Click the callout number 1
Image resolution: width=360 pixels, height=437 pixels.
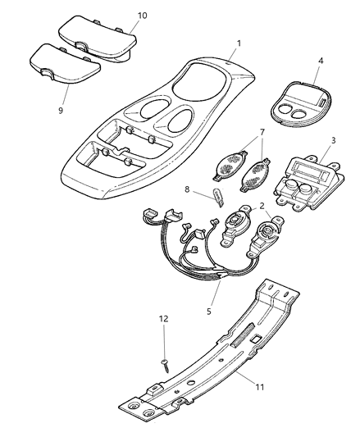(239, 43)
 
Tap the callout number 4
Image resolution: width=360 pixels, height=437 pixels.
(321, 61)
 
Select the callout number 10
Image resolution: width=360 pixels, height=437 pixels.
(142, 16)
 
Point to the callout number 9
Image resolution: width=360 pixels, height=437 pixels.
(61, 110)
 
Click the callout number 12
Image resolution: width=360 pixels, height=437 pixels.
(164, 319)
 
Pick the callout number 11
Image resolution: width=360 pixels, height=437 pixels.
(260, 387)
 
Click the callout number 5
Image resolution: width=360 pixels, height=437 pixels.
(209, 311)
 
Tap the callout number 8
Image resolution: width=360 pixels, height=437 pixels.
(187, 189)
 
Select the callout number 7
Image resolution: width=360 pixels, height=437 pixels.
(262, 132)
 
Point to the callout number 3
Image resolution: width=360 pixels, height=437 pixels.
(334, 140)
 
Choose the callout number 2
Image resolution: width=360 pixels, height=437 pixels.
(262, 206)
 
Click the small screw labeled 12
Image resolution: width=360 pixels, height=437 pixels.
(165, 366)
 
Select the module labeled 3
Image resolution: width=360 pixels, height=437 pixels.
(309, 183)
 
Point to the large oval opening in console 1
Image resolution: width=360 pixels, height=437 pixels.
(199, 82)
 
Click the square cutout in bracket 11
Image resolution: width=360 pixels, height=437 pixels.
(255, 339)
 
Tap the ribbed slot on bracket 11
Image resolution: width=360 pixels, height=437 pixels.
(243, 335)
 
